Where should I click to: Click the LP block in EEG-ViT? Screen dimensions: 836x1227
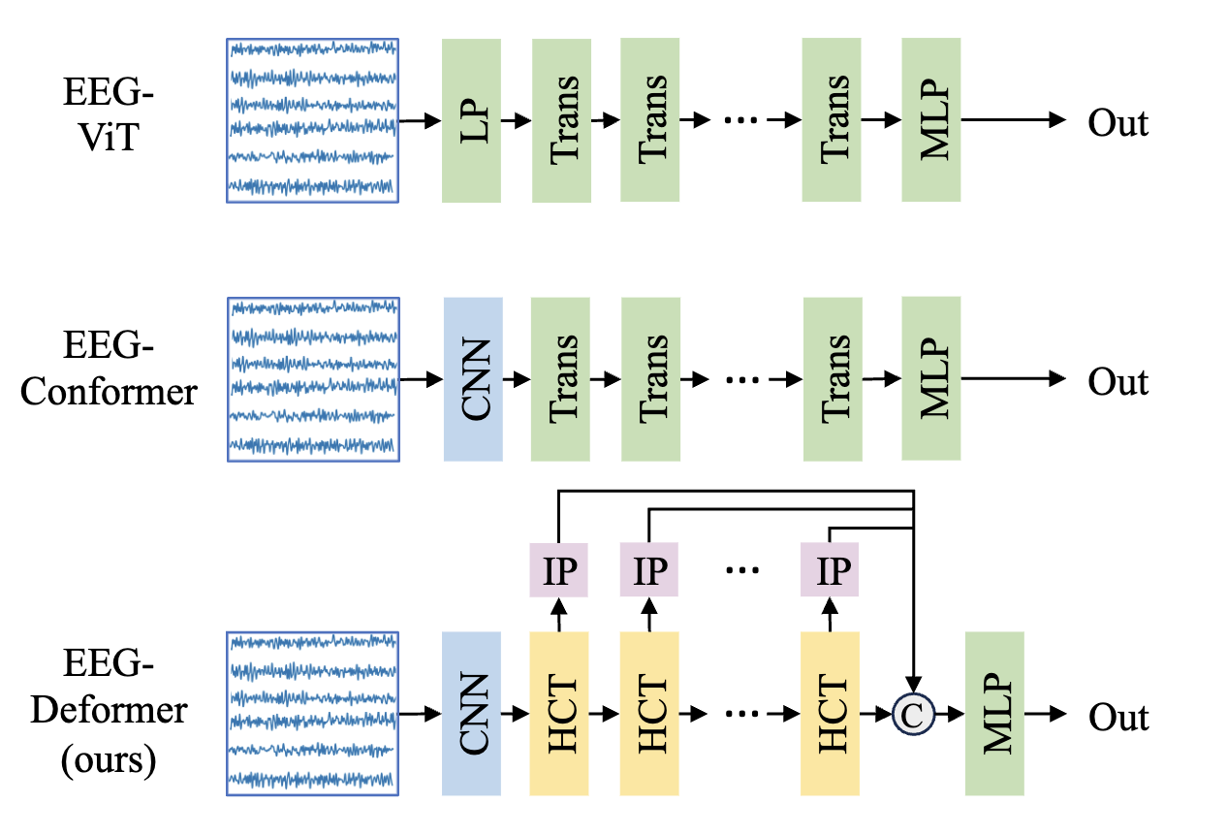[x=471, y=120]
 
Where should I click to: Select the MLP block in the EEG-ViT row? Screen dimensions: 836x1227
[x=930, y=120]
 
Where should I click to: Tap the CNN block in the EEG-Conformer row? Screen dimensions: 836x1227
[x=472, y=379]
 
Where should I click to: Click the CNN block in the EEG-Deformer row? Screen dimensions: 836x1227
[x=471, y=713]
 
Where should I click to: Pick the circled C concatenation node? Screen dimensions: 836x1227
[x=913, y=715]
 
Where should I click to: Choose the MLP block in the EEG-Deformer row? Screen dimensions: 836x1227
[x=994, y=713]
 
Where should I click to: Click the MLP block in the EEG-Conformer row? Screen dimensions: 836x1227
[x=930, y=379]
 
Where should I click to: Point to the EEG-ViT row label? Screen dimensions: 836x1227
[x=109, y=120]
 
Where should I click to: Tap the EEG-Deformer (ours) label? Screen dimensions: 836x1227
[x=109, y=712]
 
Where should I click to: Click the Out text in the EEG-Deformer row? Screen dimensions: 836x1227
[x=1117, y=717]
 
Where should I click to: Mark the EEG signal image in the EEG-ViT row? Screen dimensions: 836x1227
[x=312, y=120]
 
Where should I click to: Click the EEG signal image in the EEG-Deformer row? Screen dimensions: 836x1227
[x=312, y=714]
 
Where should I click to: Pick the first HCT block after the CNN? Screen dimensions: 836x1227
[x=560, y=713]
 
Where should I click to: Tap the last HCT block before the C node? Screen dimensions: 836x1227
[x=831, y=713]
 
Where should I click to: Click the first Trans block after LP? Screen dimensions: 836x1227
[x=561, y=120]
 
